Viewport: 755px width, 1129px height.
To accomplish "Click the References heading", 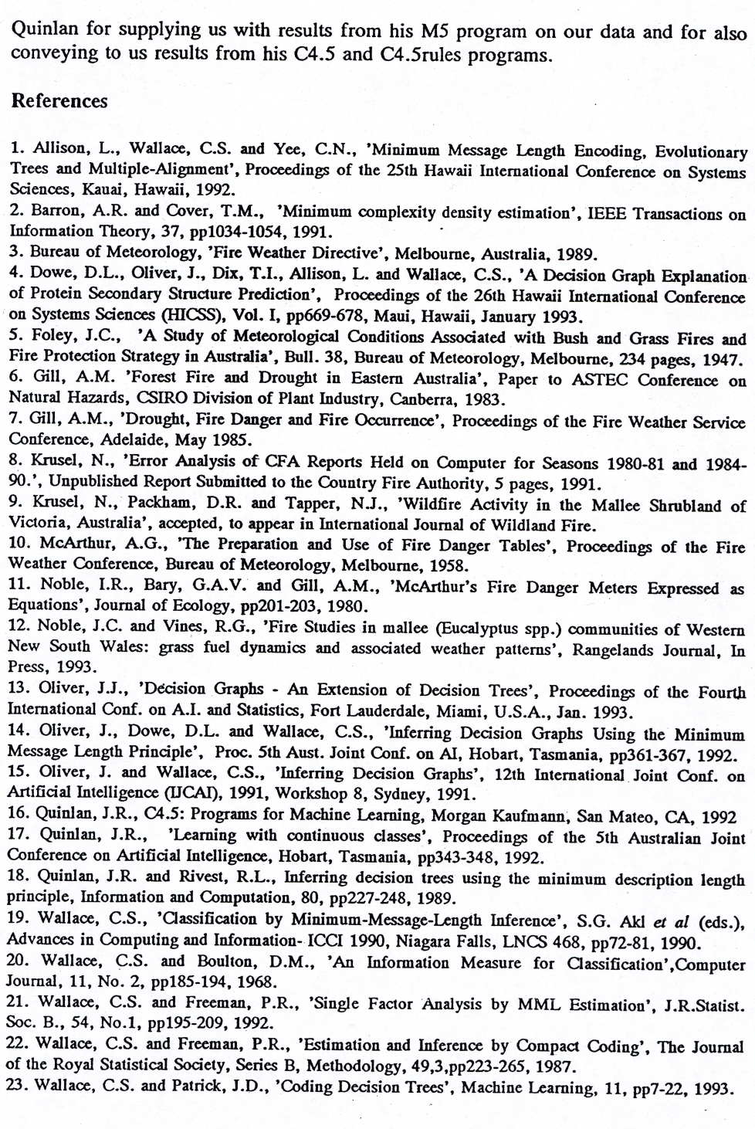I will click(x=59, y=101).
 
